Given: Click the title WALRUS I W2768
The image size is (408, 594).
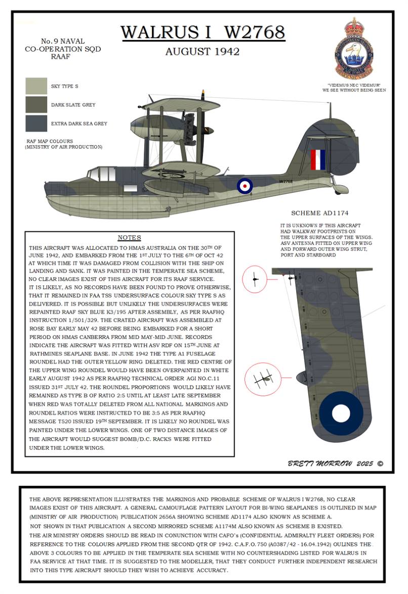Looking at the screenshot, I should [202, 32].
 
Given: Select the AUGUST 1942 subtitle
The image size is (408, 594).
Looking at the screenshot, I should [202, 52].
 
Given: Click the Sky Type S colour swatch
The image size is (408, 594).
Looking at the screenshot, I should [36, 87].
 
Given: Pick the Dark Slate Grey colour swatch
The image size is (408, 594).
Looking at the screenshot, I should [36, 105].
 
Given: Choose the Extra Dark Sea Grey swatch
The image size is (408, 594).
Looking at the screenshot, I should [36, 123].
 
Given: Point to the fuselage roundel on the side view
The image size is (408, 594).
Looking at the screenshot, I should [244, 185].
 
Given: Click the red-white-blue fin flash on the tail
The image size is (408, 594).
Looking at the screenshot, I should [317, 159].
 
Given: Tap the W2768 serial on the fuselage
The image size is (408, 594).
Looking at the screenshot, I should [286, 181].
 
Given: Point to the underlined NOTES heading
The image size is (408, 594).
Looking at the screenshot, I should [129, 238].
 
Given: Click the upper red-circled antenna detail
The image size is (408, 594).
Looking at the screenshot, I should [256, 279].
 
